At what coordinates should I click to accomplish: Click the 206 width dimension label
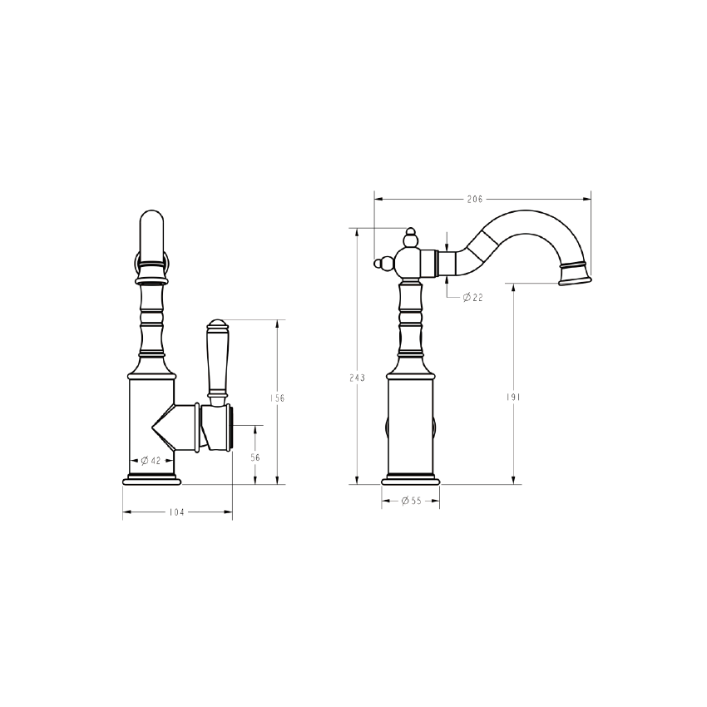click(x=474, y=199)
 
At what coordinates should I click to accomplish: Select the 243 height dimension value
click(x=357, y=377)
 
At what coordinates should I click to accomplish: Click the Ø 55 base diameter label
click(x=411, y=501)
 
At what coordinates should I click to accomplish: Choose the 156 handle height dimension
click(x=278, y=398)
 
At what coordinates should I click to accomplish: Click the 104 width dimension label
click(x=176, y=512)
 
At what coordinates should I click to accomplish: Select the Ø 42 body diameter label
click(x=151, y=460)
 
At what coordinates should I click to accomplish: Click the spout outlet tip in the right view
click(x=573, y=274)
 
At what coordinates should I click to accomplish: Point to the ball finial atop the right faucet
click(x=411, y=240)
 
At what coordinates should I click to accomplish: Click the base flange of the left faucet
click(x=151, y=480)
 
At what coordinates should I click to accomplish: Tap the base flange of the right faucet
click(x=411, y=479)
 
